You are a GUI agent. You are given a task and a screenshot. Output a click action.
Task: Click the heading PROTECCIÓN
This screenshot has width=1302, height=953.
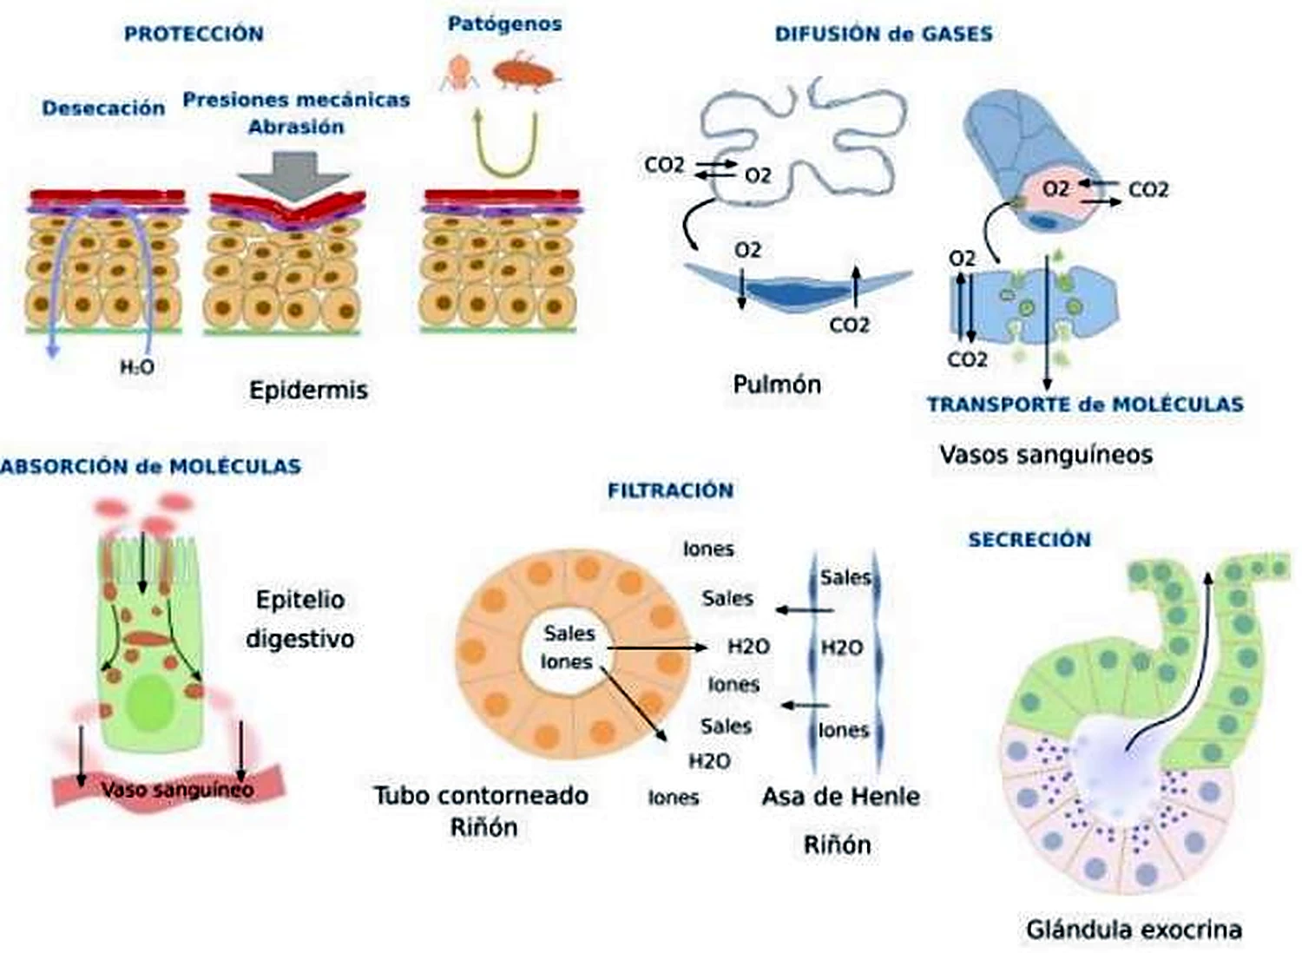pos(194,34)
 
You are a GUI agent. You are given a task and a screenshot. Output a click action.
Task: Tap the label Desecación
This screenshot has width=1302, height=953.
pos(103,108)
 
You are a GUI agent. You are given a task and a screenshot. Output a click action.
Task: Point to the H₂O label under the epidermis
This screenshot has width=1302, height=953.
pos(137,367)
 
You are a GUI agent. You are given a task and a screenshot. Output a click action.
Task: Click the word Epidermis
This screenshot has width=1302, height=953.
pos(309,390)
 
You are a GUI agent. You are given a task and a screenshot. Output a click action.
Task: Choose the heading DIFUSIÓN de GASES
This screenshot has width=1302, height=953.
pos(884,34)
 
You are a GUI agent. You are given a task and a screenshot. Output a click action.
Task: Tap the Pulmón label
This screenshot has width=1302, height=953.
pos(777,384)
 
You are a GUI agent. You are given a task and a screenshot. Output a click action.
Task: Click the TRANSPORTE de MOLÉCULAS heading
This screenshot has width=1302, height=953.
pos(1085,404)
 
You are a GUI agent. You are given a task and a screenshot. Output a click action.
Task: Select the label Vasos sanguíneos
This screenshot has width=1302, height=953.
pos(1046,455)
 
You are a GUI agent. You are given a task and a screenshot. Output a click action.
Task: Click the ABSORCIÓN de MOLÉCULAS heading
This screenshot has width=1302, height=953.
pos(151,467)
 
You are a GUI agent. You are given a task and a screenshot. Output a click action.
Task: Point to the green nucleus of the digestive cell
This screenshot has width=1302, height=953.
pos(152,704)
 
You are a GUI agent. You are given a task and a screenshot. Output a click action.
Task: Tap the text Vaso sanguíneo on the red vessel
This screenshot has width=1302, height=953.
pos(178,790)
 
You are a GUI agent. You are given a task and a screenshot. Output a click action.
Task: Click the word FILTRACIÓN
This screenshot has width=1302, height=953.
pos(671,491)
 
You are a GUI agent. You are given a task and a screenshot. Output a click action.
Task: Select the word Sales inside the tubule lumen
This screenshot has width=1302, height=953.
pos(569,634)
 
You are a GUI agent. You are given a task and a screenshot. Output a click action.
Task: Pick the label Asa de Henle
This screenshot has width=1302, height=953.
pos(841,797)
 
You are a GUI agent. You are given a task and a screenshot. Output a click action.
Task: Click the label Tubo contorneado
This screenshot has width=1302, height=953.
pos(481,796)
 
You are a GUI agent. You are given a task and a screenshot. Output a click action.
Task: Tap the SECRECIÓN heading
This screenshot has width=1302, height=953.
pos(1029,540)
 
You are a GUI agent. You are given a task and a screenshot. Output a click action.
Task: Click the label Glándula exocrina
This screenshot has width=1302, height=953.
pos(1134,930)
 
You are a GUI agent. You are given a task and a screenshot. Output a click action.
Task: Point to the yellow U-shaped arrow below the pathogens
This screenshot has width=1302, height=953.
pos(506,174)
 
